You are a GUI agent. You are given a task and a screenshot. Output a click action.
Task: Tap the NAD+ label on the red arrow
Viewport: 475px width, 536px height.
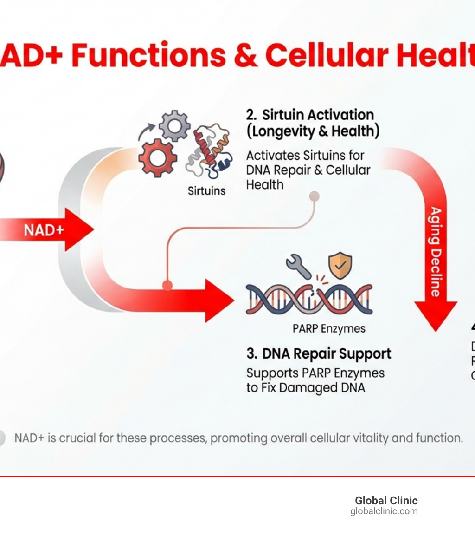[x=44, y=229]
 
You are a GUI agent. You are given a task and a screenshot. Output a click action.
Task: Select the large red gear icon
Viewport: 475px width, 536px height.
[x=157, y=157]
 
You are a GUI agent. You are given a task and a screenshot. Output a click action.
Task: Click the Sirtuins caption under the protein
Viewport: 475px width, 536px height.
[x=207, y=190]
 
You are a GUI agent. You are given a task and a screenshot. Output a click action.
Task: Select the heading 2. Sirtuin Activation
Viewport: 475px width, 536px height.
[x=310, y=115]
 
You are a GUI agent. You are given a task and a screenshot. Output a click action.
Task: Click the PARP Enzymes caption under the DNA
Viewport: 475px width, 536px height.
[x=329, y=329]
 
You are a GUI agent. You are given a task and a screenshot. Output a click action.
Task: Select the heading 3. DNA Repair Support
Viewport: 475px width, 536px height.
[x=319, y=353]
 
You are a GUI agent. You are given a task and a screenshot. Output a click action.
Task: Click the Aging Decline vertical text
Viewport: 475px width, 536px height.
[x=436, y=251]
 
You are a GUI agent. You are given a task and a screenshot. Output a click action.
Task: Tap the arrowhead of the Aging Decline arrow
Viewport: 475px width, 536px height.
[x=435, y=316]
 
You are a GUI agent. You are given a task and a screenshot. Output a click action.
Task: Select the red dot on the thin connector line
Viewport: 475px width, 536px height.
[x=167, y=285]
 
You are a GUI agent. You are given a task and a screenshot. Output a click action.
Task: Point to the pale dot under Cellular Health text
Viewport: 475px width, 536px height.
[x=315, y=196]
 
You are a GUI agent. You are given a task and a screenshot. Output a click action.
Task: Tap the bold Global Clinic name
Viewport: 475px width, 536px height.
[x=386, y=501]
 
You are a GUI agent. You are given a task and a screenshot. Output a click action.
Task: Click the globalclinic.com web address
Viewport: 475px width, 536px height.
[x=384, y=511]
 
